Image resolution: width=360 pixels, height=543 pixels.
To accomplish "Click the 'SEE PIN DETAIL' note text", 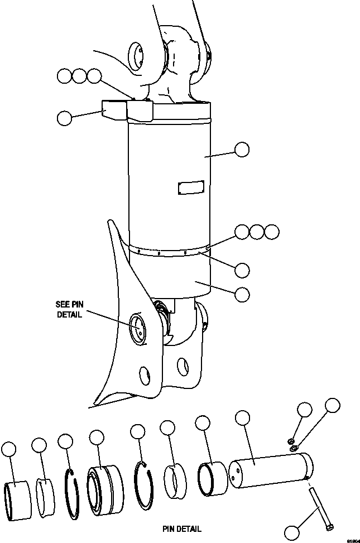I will pos(69,309).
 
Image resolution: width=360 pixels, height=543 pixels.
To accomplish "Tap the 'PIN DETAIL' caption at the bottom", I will pos(182,528).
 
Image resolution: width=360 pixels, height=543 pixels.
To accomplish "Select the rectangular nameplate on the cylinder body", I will pos(190,187).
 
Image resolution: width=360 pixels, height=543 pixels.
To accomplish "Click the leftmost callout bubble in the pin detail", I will pos(9,449).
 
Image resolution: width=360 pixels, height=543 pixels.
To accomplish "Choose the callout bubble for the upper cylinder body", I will pos(242,149).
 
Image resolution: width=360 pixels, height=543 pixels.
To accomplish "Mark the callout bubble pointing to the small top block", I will pos(64,118).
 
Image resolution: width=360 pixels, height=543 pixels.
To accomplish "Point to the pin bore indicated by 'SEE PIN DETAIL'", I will pos(137,329).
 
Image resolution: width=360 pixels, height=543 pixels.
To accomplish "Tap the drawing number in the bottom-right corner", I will pos(352,540).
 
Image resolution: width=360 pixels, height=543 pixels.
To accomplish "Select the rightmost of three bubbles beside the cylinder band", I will pos(272,232).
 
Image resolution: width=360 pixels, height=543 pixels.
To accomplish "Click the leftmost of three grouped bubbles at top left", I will pos(65,76).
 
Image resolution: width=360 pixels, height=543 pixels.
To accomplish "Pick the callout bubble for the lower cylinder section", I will pos(242,294).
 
